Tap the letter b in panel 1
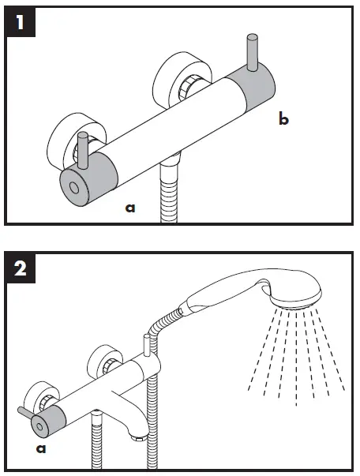[283, 119]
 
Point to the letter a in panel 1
[130, 208]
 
